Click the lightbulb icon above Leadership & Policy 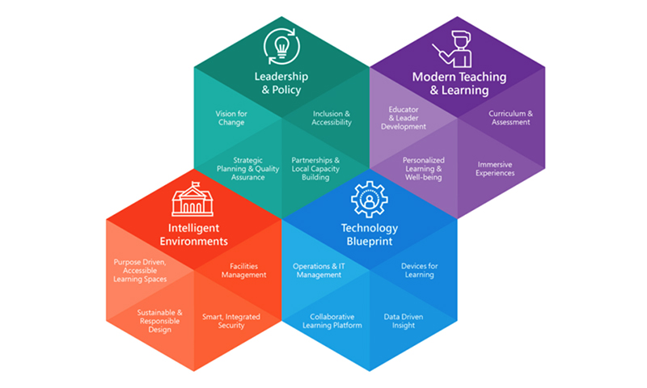tap(281, 46)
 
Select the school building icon tap(192, 199)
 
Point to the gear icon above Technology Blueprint tap(370, 199)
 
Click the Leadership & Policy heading tap(281, 83)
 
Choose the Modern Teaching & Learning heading tap(459, 83)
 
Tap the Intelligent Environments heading tap(193, 234)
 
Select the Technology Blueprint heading tap(370, 234)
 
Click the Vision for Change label tap(231, 118)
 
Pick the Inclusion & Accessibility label tap(332, 118)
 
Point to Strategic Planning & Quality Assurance tap(248, 169)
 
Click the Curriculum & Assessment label tap(510, 118)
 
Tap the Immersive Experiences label tap(495, 169)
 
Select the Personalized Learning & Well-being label tap(423, 169)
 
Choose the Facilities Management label tap(244, 271)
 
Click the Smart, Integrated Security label tap(231, 321)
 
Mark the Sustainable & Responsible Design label tap(159, 321)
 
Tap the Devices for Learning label tap(419, 271)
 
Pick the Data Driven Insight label tap(403, 321)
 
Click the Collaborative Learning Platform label tap(332, 321)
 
